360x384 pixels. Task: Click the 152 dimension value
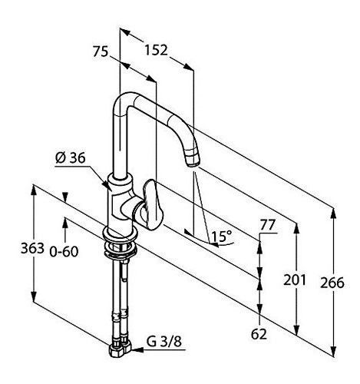coord(156,50)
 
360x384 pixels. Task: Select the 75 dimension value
coord(101,51)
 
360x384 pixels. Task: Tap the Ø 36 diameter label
coord(70,158)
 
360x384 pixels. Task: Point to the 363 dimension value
coord(32,248)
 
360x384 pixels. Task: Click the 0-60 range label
coord(64,252)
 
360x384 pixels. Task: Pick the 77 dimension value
coord(267,225)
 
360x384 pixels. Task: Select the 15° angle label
coord(222,236)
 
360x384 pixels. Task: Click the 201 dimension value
coord(295,280)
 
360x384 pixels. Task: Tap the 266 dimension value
coord(332,283)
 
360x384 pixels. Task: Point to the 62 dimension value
coord(259,334)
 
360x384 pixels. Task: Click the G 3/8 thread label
coord(164,341)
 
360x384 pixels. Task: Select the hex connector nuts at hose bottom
coord(121,349)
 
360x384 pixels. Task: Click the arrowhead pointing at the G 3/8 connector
coord(137,350)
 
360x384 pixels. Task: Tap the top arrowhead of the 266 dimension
coord(333,215)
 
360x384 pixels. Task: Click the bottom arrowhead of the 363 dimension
coord(34,296)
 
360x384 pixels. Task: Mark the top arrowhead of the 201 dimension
coord(296,229)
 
